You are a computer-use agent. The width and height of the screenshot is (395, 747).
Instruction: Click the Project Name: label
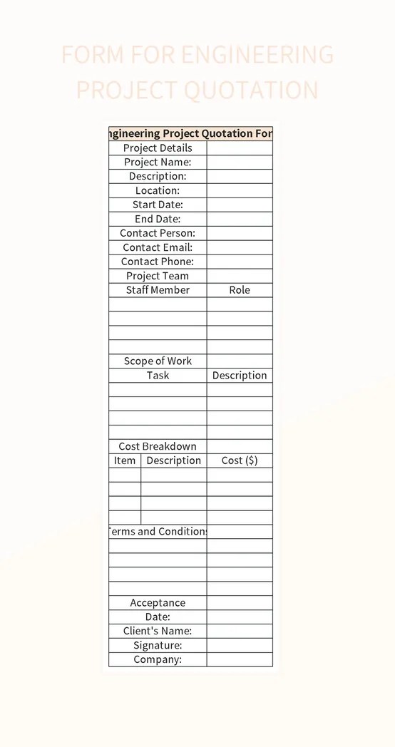click(158, 162)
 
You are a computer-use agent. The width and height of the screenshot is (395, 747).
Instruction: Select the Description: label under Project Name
click(158, 176)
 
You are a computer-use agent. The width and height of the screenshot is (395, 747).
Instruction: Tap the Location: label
click(158, 190)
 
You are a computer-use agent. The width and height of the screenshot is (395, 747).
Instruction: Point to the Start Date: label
click(158, 205)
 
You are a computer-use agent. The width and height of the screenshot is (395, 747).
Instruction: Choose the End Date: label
click(158, 219)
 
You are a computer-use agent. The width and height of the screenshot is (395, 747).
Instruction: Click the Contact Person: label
click(158, 233)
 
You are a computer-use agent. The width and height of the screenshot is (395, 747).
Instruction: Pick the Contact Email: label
click(158, 247)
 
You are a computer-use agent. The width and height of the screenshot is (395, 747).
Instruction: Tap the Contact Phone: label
click(158, 262)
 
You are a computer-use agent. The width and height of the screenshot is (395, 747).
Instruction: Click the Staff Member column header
click(158, 290)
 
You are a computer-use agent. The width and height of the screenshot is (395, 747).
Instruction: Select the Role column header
click(240, 290)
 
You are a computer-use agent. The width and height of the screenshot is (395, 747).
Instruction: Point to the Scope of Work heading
click(158, 361)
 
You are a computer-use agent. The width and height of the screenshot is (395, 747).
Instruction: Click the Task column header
click(158, 376)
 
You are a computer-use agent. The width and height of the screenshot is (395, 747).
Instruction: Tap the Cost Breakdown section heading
click(158, 446)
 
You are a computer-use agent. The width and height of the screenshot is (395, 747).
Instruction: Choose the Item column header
click(125, 460)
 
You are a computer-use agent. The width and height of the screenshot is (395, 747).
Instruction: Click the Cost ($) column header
click(240, 460)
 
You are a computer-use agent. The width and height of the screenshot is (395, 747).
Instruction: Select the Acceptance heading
click(158, 603)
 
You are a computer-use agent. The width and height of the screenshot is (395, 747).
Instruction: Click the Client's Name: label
click(158, 631)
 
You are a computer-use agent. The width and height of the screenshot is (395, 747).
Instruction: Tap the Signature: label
click(158, 645)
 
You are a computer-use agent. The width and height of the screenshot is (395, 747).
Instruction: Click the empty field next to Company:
click(240, 659)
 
